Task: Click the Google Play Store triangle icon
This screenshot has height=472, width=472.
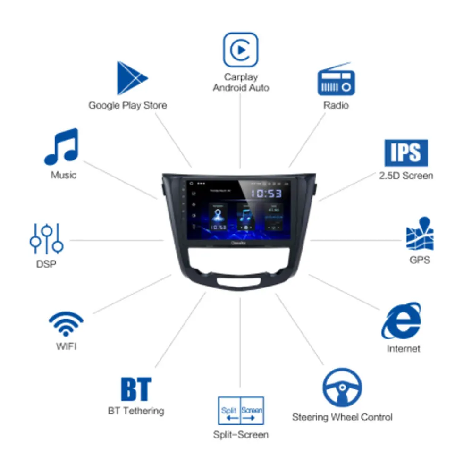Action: (x=130, y=78)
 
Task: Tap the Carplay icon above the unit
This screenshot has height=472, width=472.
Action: (x=241, y=50)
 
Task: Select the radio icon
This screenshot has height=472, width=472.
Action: (x=336, y=80)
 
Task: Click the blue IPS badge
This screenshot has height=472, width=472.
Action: (x=406, y=153)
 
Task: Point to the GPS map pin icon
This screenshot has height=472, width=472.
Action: (x=420, y=234)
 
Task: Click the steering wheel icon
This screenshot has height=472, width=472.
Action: (x=342, y=388)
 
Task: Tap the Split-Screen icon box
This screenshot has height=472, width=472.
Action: (x=241, y=410)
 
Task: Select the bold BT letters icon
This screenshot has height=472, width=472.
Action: (x=136, y=389)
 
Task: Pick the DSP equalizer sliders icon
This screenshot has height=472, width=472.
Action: (x=46, y=238)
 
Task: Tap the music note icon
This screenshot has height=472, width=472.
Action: (x=61, y=146)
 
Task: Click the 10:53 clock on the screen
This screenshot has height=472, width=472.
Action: (x=266, y=194)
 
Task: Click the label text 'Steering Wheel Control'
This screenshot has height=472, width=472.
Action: (x=342, y=417)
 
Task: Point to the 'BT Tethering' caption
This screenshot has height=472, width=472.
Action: (x=136, y=411)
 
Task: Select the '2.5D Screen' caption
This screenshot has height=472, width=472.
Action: (x=406, y=176)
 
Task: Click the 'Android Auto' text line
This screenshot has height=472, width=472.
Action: (x=241, y=88)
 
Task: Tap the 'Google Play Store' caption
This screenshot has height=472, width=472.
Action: (x=128, y=105)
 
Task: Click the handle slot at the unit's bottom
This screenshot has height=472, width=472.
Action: (x=240, y=282)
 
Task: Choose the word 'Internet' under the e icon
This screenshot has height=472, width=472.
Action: (x=403, y=349)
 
